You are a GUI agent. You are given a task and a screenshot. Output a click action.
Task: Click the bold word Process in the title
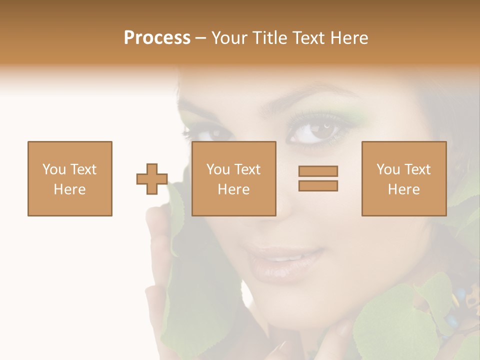click(x=157, y=38)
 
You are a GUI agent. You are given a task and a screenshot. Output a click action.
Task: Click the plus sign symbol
click(x=152, y=179)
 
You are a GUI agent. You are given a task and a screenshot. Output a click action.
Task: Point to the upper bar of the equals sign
click(x=318, y=171)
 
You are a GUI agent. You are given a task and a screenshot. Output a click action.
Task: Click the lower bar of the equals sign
click(x=318, y=186)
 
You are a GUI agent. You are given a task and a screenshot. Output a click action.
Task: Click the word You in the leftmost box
click(x=53, y=169)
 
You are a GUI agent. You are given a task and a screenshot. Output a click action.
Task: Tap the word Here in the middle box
click(x=234, y=189)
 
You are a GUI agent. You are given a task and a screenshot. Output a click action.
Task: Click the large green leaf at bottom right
click(x=390, y=325)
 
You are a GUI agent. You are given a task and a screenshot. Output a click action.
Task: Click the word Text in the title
click(x=307, y=38)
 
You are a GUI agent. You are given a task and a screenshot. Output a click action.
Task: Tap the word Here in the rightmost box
click(x=404, y=189)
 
